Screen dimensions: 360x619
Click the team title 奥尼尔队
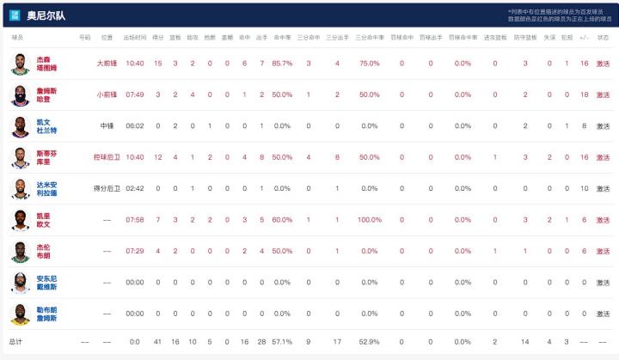[46, 15]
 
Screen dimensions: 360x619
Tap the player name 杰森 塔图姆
[48, 63]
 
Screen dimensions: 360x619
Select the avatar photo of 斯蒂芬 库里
[20, 157]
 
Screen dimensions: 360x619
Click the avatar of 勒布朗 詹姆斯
[20, 314]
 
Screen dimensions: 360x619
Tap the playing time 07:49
[134, 95]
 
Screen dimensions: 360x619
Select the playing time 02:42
[134, 188]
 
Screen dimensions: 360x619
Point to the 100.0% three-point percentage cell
[370, 220]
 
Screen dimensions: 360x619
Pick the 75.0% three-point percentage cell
[370, 63]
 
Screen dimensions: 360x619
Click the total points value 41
[157, 342]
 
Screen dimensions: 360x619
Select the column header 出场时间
[134, 38]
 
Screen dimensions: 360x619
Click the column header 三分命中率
[370, 38]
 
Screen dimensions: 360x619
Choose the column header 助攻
[193, 38]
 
